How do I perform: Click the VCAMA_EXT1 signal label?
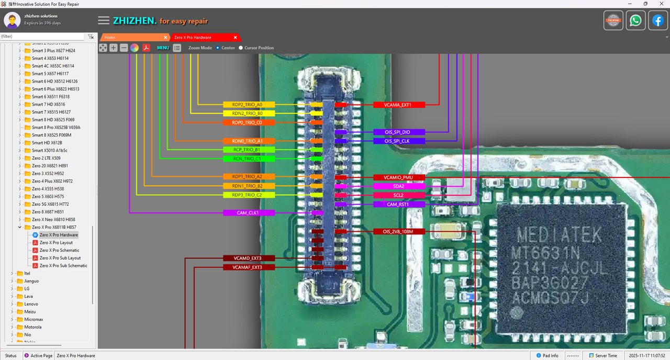[398, 105]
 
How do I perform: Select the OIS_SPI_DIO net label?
[398, 132]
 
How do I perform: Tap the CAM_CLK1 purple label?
[249, 213]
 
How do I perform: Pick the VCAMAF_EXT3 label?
[249, 267]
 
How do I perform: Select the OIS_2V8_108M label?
[398, 231]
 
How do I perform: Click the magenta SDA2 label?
[398, 186]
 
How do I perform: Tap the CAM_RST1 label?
[398, 204]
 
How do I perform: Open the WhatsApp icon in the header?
[635, 21]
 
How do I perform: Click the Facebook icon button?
[657, 21]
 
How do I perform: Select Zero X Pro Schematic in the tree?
[59, 250]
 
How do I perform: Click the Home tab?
[110, 38]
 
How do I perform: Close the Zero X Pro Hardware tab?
[236, 38]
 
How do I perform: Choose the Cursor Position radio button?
[241, 48]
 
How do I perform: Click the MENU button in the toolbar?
[163, 48]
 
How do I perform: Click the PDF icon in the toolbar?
[147, 48]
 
